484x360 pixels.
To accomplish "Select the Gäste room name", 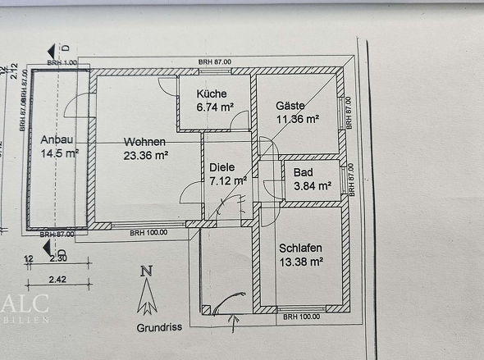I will coord(291,106).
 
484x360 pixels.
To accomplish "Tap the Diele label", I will coord(221,166).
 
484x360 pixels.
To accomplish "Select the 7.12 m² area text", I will coord(228,180).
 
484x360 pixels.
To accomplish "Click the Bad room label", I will coord(303,173).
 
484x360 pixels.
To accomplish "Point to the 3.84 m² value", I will coord(312,186).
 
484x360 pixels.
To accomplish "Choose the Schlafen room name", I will coord(299,249).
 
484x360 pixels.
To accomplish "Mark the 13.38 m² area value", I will coord(301,262).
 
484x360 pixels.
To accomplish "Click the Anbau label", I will coord(57,139).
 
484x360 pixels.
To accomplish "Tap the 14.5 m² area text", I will coord(59,153).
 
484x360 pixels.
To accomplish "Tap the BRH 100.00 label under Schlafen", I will coord(299,317).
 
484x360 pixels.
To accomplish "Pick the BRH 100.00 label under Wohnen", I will coord(148,232).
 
